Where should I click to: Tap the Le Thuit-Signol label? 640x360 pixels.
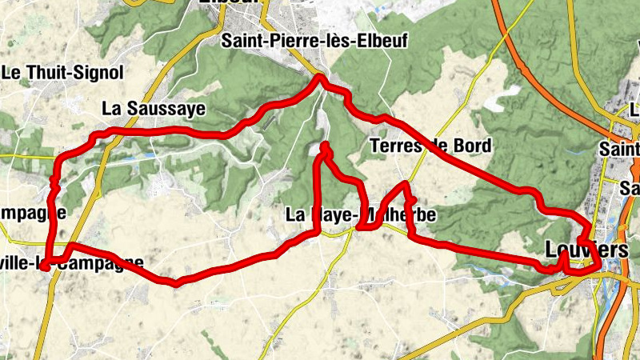[62, 73]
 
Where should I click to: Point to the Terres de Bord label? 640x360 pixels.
[431, 146]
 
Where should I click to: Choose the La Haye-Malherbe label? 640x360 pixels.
[361, 215]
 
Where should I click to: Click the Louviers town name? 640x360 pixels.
[586, 250]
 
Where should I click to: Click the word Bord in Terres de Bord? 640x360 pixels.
[473, 146]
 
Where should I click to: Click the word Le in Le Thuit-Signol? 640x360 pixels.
[11, 73]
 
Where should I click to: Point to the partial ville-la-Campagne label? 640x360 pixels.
[76, 262]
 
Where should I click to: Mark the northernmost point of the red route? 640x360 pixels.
[319, 77]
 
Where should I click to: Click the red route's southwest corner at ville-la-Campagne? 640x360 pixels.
[46, 262]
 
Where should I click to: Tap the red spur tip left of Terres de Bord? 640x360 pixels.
[325, 146]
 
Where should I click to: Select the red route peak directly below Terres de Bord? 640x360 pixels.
[406, 185]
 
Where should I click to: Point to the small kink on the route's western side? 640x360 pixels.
[54, 183]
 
